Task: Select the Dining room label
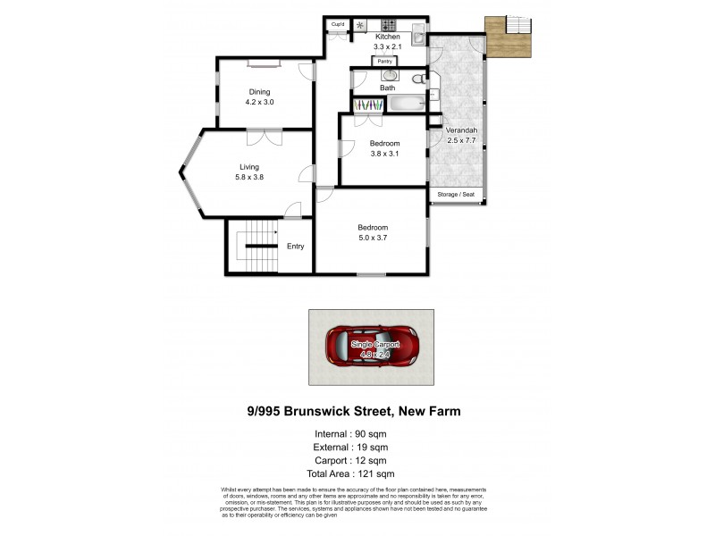259,92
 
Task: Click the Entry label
295,247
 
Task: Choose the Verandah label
462,130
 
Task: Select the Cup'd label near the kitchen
338,24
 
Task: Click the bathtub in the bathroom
408,105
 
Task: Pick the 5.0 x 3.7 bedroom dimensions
372,238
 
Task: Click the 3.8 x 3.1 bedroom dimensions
384,154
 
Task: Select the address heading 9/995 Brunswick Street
353,412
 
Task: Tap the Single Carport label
374,344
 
